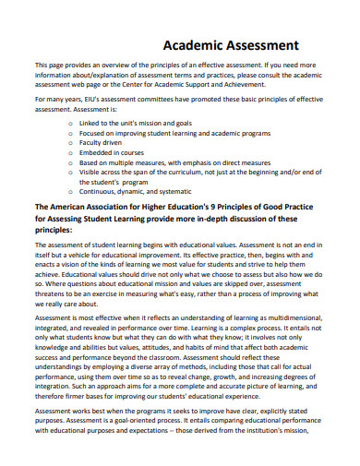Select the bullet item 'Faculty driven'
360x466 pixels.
[101, 132]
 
